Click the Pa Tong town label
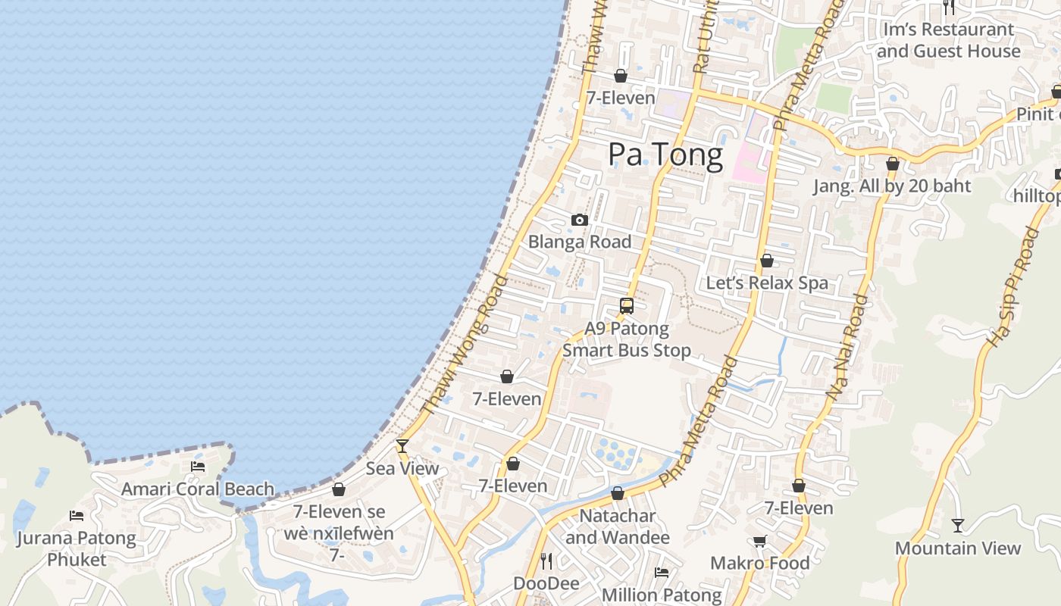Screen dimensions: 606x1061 point(665,155)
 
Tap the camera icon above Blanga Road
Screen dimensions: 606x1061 point(580,220)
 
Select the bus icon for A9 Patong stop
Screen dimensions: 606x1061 point(627,306)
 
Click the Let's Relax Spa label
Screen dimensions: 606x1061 point(767,283)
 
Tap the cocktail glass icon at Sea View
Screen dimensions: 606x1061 point(402,446)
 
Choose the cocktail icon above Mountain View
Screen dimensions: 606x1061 point(958,526)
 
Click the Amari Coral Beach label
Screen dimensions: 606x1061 point(198,489)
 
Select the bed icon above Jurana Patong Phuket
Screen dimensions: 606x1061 point(77,516)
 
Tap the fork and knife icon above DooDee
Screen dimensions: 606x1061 point(546,561)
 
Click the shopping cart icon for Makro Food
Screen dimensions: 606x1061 point(760,541)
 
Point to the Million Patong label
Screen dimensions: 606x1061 point(662,595)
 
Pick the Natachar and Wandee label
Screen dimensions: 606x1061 point(618,526)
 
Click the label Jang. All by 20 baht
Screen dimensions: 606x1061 point(892,186)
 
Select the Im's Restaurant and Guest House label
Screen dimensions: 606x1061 point(948,40)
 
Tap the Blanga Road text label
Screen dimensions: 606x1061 point(580,242)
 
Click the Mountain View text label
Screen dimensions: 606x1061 point(958,548)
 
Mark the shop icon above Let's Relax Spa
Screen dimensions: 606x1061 point(767,261)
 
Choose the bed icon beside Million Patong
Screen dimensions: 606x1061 point(662,573)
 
